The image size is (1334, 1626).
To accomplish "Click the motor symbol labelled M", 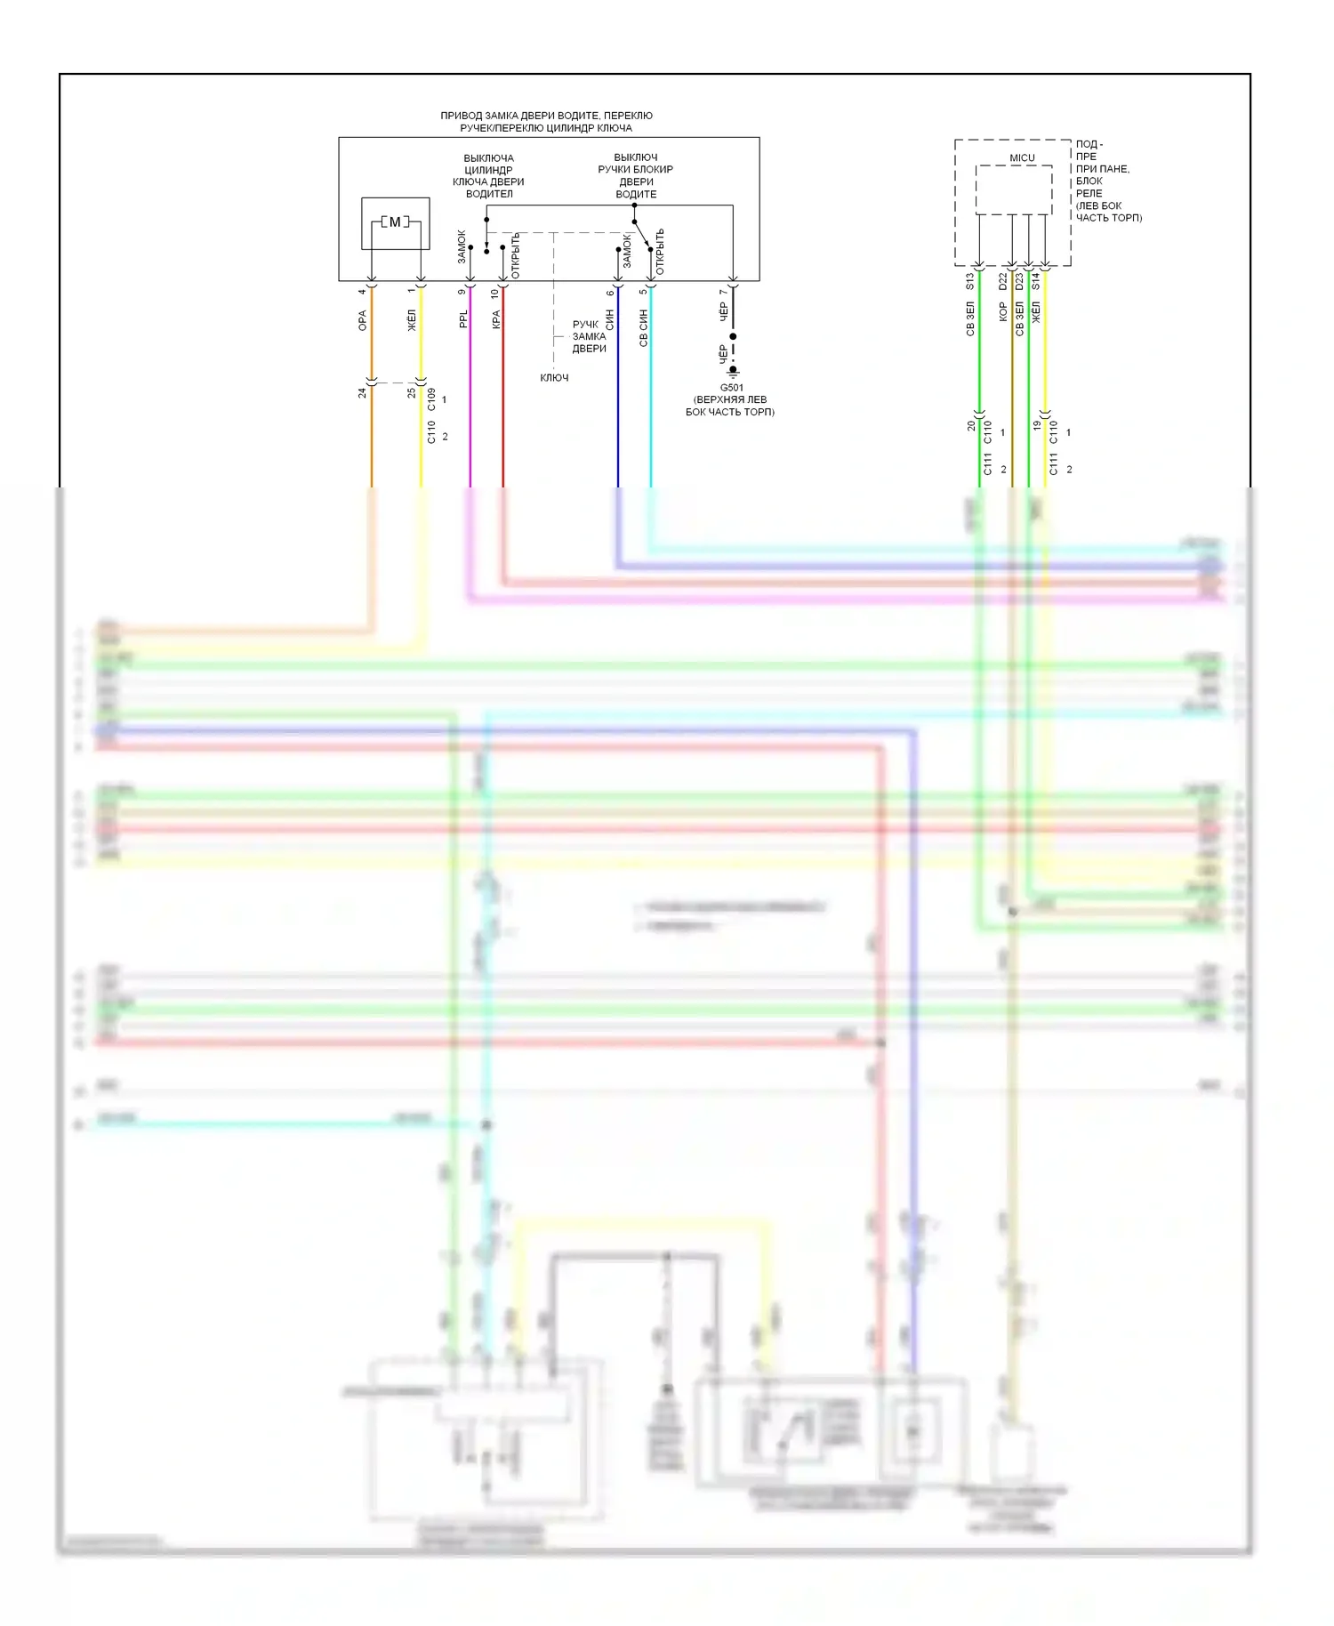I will coord(395,222).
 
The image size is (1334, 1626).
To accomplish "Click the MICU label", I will coord(1022,157).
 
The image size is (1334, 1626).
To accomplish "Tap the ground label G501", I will coord(731,388).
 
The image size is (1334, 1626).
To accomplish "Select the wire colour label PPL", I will coord(463,318).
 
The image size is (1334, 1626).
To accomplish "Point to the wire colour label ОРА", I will coord(363,321).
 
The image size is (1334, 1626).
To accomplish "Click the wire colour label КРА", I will coord(496,318).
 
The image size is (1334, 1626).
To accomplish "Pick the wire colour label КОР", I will coord(1003,311).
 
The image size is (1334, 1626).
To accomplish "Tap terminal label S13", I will coord(970,281).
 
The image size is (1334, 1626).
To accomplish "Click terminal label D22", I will coord(1003,281).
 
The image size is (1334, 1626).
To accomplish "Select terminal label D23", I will coord(1019,281).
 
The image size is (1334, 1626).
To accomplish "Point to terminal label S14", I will coord(1036,281).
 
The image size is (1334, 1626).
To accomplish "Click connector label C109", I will coord(431,398).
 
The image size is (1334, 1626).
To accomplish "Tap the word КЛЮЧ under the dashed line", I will coord(554,378).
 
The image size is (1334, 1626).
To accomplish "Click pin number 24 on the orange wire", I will coord(363,392).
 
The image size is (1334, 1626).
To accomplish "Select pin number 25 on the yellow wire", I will coord(412,392).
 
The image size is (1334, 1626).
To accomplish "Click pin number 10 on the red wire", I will coord(495,293).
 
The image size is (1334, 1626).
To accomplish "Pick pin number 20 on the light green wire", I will coord(971,426).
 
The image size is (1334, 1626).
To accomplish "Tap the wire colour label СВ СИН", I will coord(643,327).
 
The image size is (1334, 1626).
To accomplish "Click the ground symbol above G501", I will coord(733,369).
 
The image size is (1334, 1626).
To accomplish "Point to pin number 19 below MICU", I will coord(1037,426).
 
